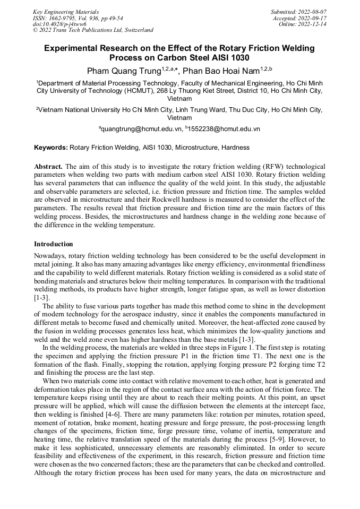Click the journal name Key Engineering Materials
click(x=66, y=11)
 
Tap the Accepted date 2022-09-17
click(x=313, y=18)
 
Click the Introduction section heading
click(x=54, y=244)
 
